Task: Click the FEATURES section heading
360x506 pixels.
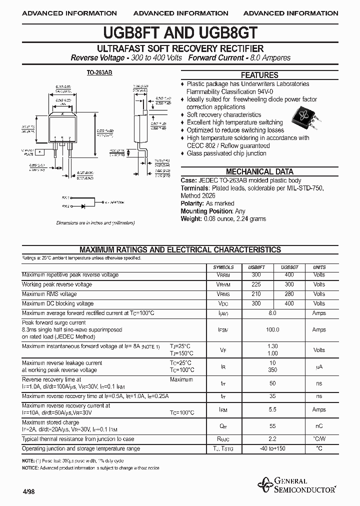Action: (259, 75)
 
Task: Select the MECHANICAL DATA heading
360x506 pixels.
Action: (259, 171)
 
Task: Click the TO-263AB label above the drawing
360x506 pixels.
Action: (99, 73)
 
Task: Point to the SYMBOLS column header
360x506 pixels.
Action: (223, 267)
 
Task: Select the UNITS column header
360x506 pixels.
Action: (319, 267)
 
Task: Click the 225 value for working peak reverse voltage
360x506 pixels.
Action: (256, 284)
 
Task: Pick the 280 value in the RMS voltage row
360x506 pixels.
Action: (289, 294)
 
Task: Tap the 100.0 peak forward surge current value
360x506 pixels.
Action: (272, 330)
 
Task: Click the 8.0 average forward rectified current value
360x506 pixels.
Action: (272, 312)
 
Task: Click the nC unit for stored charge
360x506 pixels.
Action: (319, 426)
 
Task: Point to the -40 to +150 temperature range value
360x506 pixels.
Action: (272, 448)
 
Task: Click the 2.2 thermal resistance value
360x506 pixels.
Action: (272, 439)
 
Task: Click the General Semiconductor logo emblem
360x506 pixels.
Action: (264, 484)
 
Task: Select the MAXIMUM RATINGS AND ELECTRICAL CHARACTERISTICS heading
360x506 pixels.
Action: (180, 249)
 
